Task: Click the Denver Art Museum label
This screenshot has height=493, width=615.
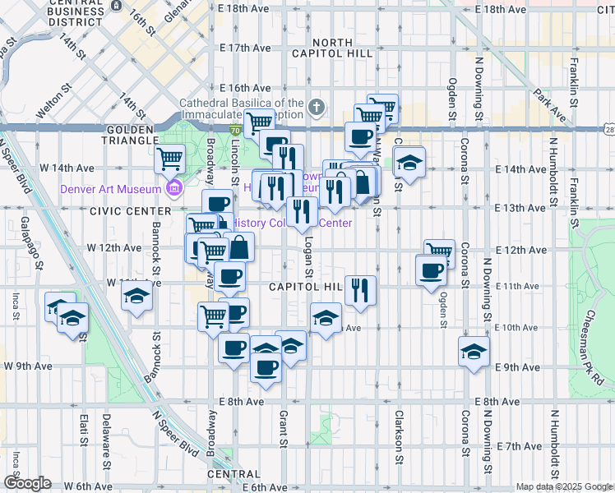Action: pos(110,190)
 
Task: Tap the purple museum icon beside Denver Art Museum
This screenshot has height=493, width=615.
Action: pos(173,190)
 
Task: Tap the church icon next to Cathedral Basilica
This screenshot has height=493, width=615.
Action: pos(317,106)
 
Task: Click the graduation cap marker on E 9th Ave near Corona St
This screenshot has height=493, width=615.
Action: pos(474,352)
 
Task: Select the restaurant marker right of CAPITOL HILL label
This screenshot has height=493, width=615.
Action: pos(360,290)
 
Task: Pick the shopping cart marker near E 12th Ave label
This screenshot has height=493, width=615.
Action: pos(440,253)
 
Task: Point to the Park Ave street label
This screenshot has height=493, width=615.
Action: pos(548,104)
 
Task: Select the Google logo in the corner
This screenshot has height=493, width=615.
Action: pos(26,483)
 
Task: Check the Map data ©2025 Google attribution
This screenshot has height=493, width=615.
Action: pos(563,486)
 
